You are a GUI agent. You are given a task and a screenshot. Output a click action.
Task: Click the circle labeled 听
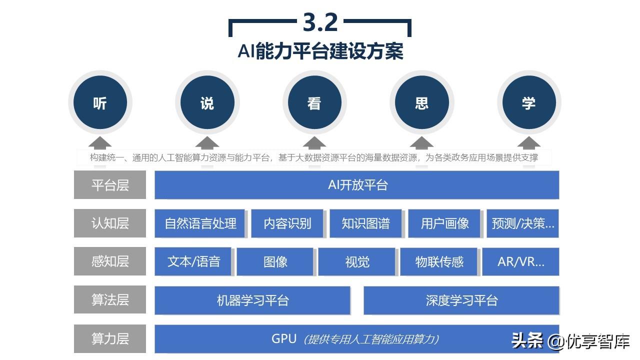[100, 103]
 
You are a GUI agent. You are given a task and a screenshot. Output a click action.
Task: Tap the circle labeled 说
[207, 103]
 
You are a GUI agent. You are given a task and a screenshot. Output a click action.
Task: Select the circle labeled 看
[314, 103]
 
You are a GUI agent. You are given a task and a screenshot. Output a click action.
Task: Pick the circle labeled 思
[421, 103]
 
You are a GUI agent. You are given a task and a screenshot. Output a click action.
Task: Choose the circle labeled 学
[528, 103]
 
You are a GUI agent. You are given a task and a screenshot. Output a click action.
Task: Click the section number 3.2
[320, 22]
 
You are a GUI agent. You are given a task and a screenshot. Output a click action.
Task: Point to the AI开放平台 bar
[357, 185]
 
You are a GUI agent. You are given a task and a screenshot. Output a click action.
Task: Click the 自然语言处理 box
[200, 223]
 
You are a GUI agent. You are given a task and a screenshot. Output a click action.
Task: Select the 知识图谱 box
[365, 223]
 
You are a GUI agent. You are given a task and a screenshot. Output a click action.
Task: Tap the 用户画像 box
[444, 223]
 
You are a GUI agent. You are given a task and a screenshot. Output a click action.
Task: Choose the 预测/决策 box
[522, 223]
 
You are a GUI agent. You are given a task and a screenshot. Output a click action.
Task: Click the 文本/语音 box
[193, 261]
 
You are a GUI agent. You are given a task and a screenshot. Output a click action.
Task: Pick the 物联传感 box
[439, 261]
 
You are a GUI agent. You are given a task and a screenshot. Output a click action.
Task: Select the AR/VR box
[520, 261]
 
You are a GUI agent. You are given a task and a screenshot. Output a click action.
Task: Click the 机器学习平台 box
[252, 300]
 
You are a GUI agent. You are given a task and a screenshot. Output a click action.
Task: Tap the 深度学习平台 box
[461, 300]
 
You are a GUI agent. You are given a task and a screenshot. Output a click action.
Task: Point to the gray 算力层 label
[110, 338]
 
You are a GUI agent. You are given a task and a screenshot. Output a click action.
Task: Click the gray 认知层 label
[110, 223]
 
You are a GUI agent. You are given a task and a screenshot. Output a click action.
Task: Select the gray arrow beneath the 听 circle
[100, 143]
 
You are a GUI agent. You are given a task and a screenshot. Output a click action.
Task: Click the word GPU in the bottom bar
[284, 338]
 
